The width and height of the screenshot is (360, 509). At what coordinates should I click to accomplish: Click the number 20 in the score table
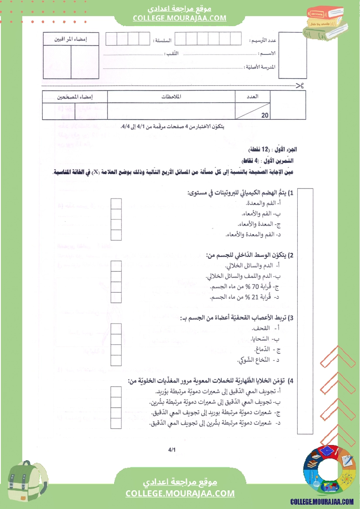(265, 115)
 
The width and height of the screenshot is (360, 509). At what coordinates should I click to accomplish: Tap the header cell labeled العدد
(252, 97)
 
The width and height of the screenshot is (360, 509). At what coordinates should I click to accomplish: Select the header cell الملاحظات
(171, 97)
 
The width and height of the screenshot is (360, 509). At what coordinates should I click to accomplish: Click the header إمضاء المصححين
(75, 97)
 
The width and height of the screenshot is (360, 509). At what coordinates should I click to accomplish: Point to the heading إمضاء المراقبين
(71, 39)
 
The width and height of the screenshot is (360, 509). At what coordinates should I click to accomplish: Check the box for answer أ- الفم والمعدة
(116, 204)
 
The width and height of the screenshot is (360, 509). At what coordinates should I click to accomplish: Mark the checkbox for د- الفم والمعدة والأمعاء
(116, 235)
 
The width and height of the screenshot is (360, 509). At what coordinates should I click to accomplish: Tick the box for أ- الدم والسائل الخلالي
(116, 266)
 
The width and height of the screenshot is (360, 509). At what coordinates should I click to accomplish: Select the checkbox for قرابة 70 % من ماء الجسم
(116, 287)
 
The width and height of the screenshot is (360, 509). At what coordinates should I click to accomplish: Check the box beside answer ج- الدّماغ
(116, 350)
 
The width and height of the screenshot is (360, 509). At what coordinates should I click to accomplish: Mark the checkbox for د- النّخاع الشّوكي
(116, 360)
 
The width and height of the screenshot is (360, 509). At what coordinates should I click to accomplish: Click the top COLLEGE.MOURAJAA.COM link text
(180, 18)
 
